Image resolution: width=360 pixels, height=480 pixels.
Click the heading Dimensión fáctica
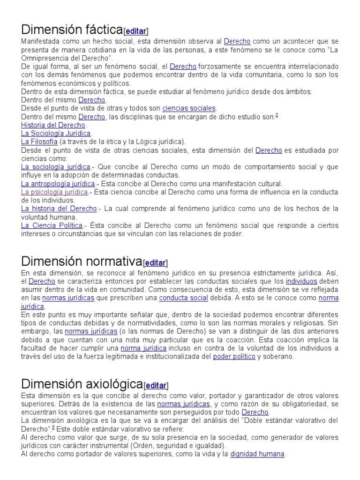[72, 30]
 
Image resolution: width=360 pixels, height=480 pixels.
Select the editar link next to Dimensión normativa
[156, 263]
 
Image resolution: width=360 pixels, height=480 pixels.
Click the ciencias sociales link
[189, 108]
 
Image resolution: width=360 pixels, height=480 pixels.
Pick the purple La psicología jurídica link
[54, 192]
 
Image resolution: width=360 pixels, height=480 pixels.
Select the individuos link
[301, 281]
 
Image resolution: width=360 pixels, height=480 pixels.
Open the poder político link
[234, 357]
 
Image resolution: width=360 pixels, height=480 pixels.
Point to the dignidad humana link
[257, 454]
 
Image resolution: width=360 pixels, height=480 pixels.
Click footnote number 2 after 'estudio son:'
[277, 115]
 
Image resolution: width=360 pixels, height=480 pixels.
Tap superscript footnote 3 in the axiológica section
[53, 427]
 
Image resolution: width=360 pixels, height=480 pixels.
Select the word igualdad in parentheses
[209, 446]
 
